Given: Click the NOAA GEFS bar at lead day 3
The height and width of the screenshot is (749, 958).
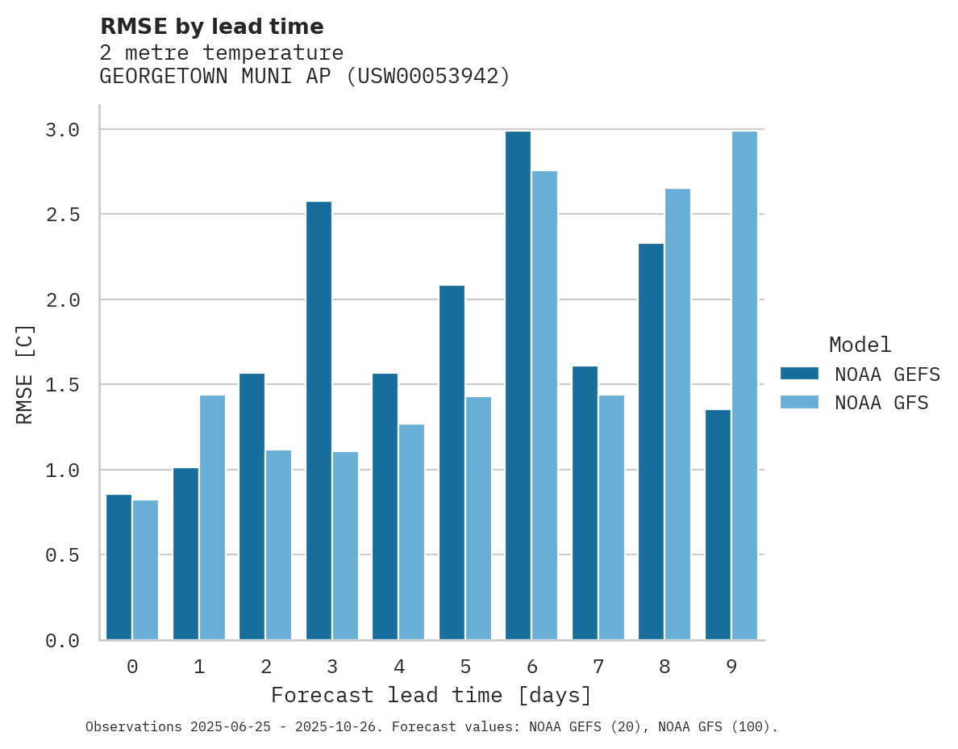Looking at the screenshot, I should [x=319, y=420].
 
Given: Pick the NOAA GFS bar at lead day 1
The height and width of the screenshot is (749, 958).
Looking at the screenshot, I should [x=212, y=517].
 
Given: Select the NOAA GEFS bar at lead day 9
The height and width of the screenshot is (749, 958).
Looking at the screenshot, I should [x=718, y=525].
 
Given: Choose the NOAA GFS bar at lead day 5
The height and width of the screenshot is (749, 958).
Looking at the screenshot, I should [x=478, y=517].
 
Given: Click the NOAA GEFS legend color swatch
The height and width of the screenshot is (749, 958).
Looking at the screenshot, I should [x=799, y=374].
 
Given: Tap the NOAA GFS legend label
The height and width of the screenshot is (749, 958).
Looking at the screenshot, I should [x=881, y=403].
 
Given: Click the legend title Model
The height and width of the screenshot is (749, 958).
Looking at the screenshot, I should [x=860, y=345].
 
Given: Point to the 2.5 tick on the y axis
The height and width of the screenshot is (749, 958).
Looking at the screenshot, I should [x=62, y=215].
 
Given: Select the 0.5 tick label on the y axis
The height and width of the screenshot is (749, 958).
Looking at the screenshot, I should [x=62, y=555].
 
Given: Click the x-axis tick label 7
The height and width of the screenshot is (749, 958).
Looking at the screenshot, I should [x=598, y=667].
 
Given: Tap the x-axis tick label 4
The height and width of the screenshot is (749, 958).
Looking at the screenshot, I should [x=398, y=667].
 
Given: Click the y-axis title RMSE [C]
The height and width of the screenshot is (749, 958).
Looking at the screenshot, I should [x=25, y=374].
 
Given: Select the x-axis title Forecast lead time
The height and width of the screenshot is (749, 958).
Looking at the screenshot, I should [x=431, y=695].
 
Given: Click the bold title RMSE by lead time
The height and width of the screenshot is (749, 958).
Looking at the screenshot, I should [x=211, y=27].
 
